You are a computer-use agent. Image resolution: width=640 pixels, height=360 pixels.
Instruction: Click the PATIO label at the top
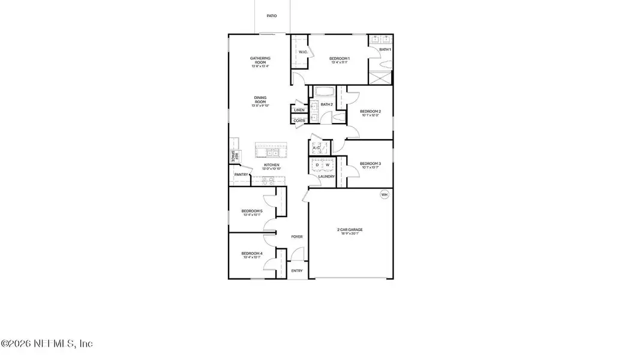click(x=272, y=16)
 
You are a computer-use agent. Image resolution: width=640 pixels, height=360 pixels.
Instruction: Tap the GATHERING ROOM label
click(x=260, y=59)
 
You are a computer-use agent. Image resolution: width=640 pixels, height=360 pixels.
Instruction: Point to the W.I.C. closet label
click(x=303, y=52)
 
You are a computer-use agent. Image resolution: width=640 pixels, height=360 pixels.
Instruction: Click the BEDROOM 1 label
click(x=339, y=58)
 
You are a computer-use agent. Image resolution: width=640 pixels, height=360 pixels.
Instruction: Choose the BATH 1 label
click(x=384, y=49)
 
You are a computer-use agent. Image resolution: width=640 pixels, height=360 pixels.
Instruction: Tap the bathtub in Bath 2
click(x=324, y=92)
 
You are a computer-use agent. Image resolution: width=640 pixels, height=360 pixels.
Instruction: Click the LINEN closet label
click(x=299, y=110)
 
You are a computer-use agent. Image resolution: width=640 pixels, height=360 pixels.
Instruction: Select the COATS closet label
click(x=299, y=121)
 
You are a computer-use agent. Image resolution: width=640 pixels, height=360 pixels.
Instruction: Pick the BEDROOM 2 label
click(x=370, y=112)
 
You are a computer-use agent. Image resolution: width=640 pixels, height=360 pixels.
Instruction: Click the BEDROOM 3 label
click(x=370, y=164)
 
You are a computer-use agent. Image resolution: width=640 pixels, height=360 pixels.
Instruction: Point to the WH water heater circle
click(x=384, y=194)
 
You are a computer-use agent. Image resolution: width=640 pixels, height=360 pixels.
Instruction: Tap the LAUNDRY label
click(x=326, y=176)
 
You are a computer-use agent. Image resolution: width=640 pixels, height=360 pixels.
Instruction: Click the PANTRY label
click(x=241, y=175)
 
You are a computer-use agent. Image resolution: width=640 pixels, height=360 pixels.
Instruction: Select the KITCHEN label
click(x=272, y=165)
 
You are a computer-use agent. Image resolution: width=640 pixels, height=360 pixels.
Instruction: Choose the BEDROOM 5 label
click(x=252, y=211)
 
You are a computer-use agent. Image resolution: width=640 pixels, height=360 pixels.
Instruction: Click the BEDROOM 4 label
click(x=252, y=254)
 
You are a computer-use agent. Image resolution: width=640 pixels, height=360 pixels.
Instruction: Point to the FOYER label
click(x=297, y=237)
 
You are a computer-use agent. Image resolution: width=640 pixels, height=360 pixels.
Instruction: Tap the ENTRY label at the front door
click(x=297, y=271)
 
